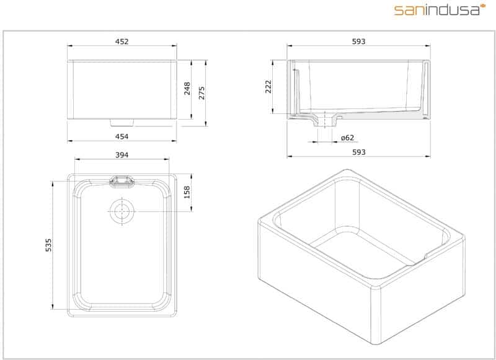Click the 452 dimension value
tap(122, 42)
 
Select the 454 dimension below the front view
tap(122, 136)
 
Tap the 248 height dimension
tap(187, 90)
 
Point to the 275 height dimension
tap(201, 93)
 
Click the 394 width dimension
tap(122, 154)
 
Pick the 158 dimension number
tap(187, 193)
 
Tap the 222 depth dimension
tap(268, 87)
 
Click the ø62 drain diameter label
tap(347, 137)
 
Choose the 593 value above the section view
tap(358, 42)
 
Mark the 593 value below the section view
tap(358, 152)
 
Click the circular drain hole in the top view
tap(122, 211)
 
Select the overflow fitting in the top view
tap(122, 181)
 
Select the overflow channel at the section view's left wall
tap(296, 90)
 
